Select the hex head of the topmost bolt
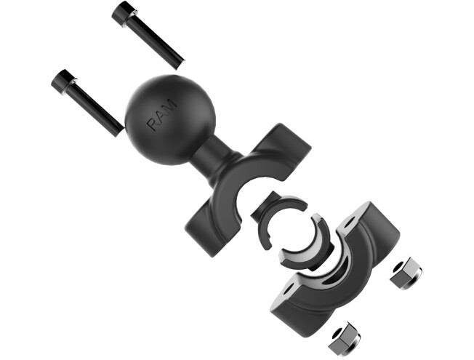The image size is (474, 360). tap(123, 12)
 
